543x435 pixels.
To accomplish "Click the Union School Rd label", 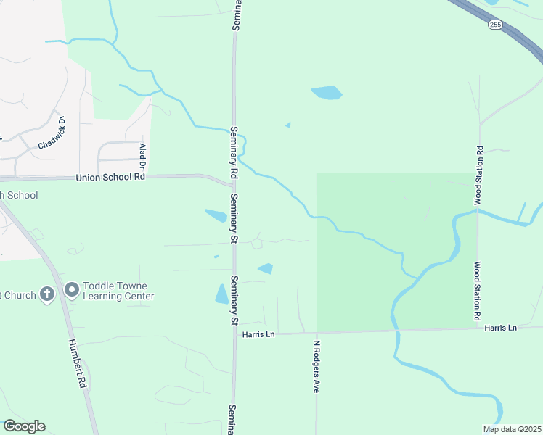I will pos(110,178).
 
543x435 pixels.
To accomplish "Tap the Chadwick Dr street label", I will pos(52,133).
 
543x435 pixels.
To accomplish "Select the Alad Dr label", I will pos(143,157).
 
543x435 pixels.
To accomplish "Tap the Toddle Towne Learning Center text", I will pos(118,291).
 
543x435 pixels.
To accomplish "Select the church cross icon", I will pos(47,294).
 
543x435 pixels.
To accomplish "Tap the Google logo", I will pos(24,426).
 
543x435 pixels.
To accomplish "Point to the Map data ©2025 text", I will pos(511,429).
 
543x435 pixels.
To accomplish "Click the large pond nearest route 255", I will pos(327,92).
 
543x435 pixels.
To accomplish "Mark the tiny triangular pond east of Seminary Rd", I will pos(288,125).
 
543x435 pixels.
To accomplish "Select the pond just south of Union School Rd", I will pos(216,215).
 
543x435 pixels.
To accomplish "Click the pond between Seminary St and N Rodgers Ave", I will pos(266,268).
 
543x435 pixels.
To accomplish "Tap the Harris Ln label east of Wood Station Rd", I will pos(500,328).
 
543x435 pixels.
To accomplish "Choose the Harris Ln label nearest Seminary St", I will pos(259,334).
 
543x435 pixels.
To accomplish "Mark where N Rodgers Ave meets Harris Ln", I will pos(317,333).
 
